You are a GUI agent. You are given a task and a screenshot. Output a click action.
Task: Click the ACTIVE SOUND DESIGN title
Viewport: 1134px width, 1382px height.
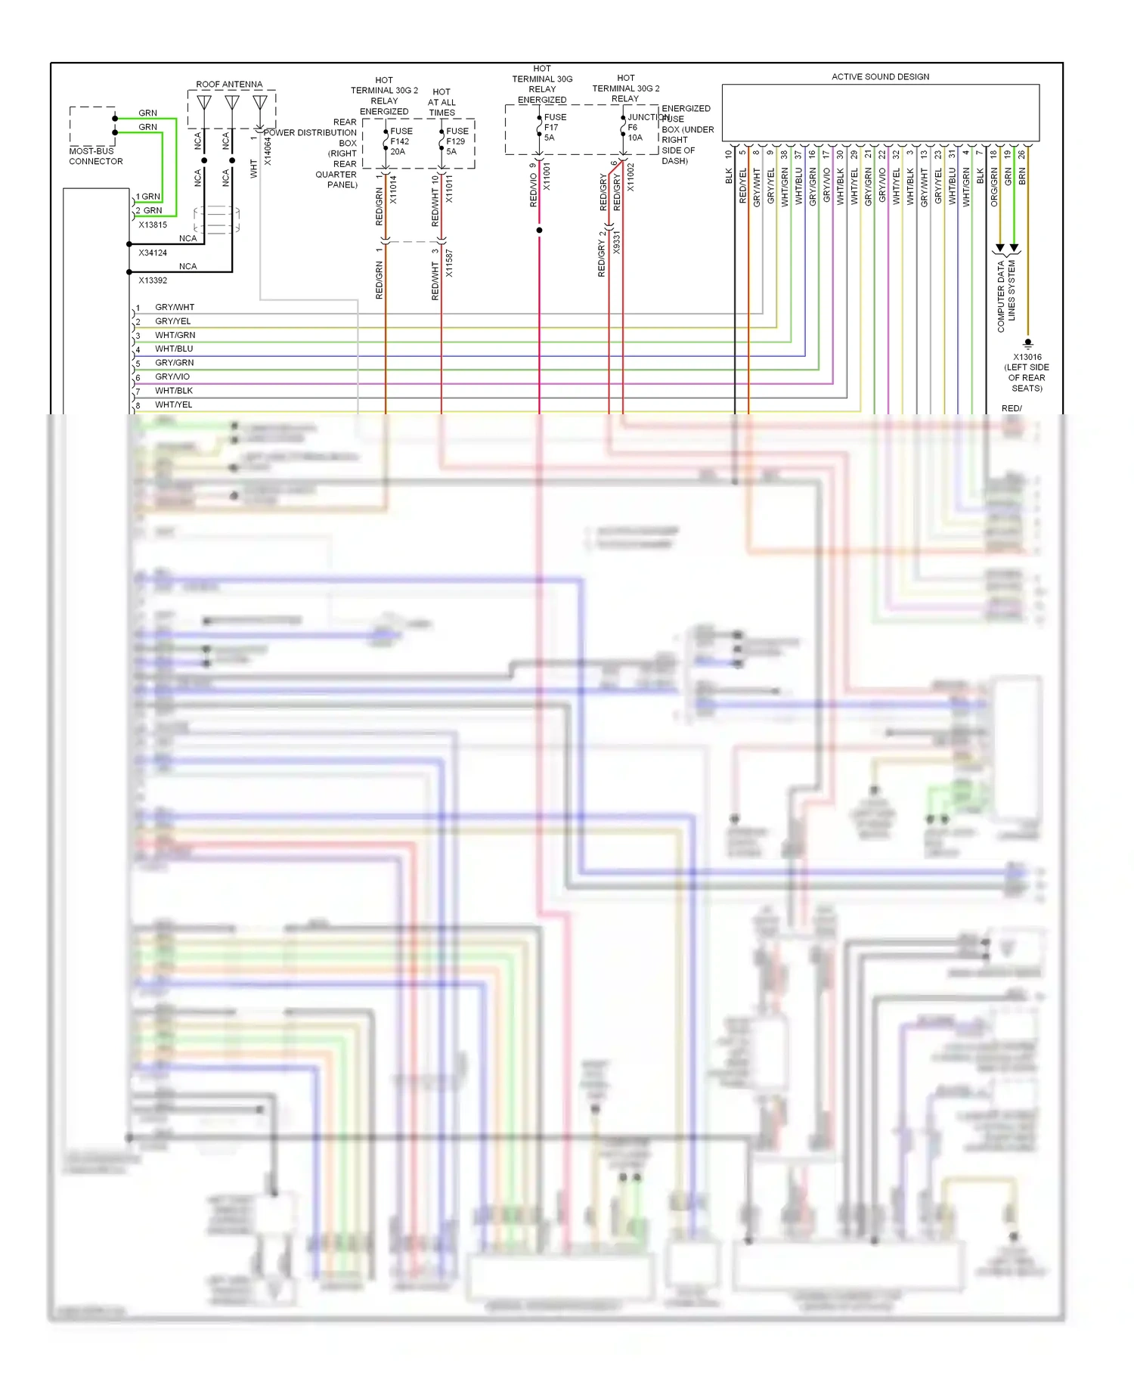tap(880, 76)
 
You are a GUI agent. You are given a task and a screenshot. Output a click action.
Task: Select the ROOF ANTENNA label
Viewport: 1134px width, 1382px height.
tap(229, 84)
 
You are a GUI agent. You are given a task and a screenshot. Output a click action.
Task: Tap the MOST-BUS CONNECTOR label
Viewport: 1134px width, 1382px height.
tap(95, 156)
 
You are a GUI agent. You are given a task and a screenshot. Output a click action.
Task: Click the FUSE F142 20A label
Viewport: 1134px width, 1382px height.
tap(400, 141)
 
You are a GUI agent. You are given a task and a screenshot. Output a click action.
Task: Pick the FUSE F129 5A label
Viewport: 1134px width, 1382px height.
tap(456, 141)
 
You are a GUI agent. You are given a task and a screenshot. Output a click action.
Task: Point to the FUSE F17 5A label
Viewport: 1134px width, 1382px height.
tap(553, 127)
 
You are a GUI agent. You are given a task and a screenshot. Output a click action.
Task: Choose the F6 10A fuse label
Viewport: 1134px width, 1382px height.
tap(634, 132)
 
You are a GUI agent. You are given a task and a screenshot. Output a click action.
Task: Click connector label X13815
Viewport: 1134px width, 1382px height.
tap(153, 225)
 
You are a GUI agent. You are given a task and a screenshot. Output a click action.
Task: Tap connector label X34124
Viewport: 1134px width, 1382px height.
tap(153, 253)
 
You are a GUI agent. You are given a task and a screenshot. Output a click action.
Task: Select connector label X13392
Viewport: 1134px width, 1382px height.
tap(153, 280)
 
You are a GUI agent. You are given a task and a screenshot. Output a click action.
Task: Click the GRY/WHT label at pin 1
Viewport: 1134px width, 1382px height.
tap(175, 307)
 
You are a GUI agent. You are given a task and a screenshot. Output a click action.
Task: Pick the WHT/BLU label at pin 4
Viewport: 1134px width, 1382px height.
tap(174, 349)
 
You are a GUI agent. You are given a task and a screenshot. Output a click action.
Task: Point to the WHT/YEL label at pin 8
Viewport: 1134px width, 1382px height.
tap(174, 404)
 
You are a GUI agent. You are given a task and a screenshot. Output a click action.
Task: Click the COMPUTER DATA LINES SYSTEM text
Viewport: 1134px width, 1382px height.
tap(1005, 296)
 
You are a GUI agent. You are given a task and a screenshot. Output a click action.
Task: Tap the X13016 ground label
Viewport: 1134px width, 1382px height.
tap(1027, 357)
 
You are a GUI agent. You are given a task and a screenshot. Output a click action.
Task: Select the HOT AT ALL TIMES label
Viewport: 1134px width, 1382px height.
tap(442, 102)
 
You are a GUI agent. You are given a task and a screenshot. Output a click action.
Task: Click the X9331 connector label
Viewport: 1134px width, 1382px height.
tap(616, 243)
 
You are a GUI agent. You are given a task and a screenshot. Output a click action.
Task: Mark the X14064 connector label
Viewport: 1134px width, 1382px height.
tap(267, 151)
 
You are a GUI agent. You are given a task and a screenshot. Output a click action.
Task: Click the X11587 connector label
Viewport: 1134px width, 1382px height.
tap(449, 263)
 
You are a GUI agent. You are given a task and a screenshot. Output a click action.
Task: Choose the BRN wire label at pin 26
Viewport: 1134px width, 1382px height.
tap(1022, 177)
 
